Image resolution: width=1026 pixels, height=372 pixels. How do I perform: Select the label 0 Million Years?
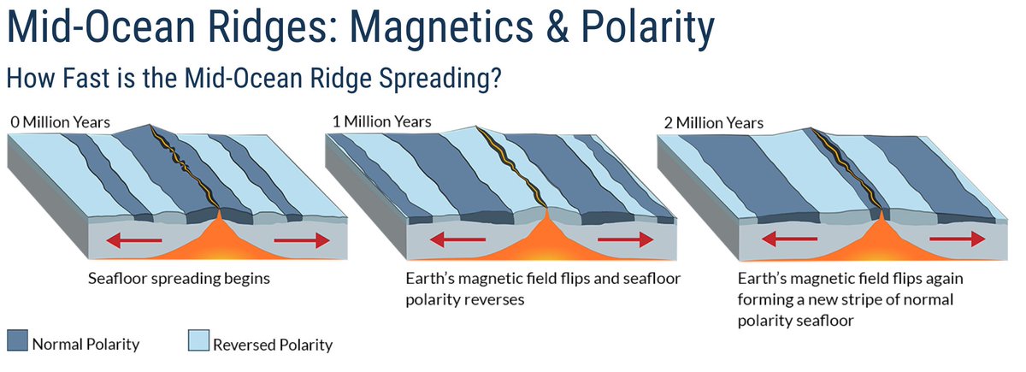[x=61, y=122]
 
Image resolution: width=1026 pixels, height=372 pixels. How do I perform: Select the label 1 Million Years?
[x=382, y=122]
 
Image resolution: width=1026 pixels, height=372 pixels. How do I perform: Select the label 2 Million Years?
[x=714, y=123]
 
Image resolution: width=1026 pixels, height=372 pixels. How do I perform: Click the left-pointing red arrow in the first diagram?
[x=136, y=241]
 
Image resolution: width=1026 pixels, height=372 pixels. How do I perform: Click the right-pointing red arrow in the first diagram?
[x=301, y=241]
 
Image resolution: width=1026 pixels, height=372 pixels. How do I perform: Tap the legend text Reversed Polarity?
[x=272, y=345]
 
